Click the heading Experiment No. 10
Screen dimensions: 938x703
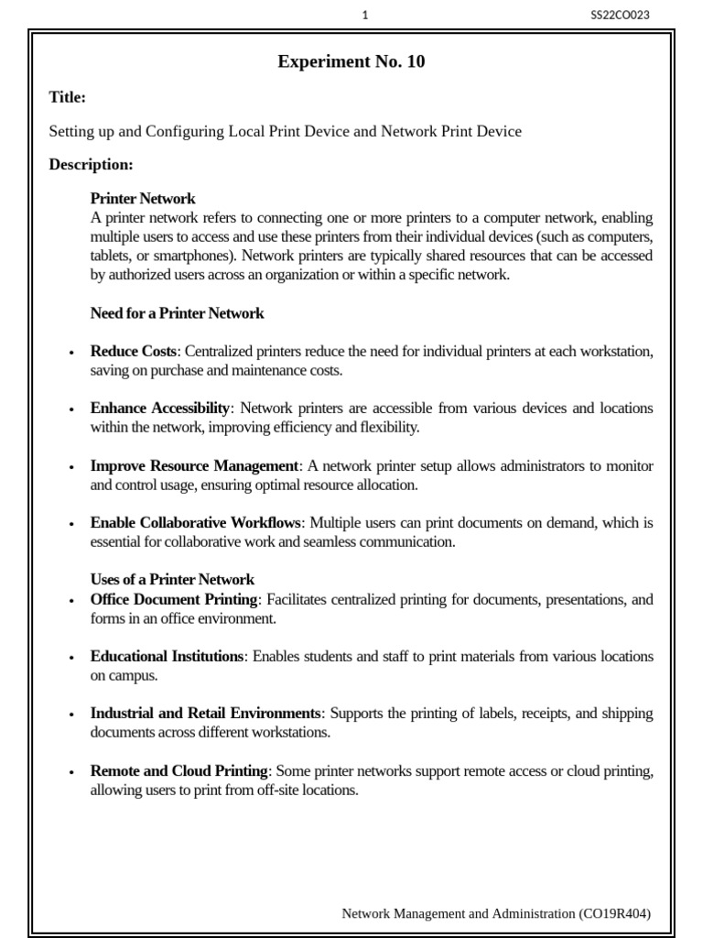click(x=351, y=62)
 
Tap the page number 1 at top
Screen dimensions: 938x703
click(x=365, y=15)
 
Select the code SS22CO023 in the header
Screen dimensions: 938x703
click(x=621, y=15)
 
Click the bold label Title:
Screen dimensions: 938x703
click(x=68, y=97)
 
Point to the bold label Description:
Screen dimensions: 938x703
click(x=91, y=165)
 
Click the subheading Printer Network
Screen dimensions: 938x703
click(x=143, y=199)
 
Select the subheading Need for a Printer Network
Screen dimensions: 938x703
click(x=177, y=313)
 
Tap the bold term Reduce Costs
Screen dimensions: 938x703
click(x=133, y=352)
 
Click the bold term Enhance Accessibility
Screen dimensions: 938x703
click(x=161, y=409)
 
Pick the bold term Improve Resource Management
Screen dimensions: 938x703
click(x=194, y=466)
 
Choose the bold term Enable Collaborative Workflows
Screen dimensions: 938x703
click(x=195, y=523)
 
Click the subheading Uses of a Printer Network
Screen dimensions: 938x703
click(x=172, y=580)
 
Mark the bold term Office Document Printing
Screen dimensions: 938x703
click(x=174, y=600)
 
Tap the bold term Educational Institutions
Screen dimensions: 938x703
click(x=167, y=657)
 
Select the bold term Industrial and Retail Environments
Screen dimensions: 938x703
click(x=205, y=714)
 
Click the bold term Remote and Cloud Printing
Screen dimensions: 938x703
click(x=178, y=771)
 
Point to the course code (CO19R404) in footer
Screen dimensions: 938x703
click(x=614, y=913)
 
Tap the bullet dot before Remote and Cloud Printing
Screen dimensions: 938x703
click(x=71, y=773)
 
